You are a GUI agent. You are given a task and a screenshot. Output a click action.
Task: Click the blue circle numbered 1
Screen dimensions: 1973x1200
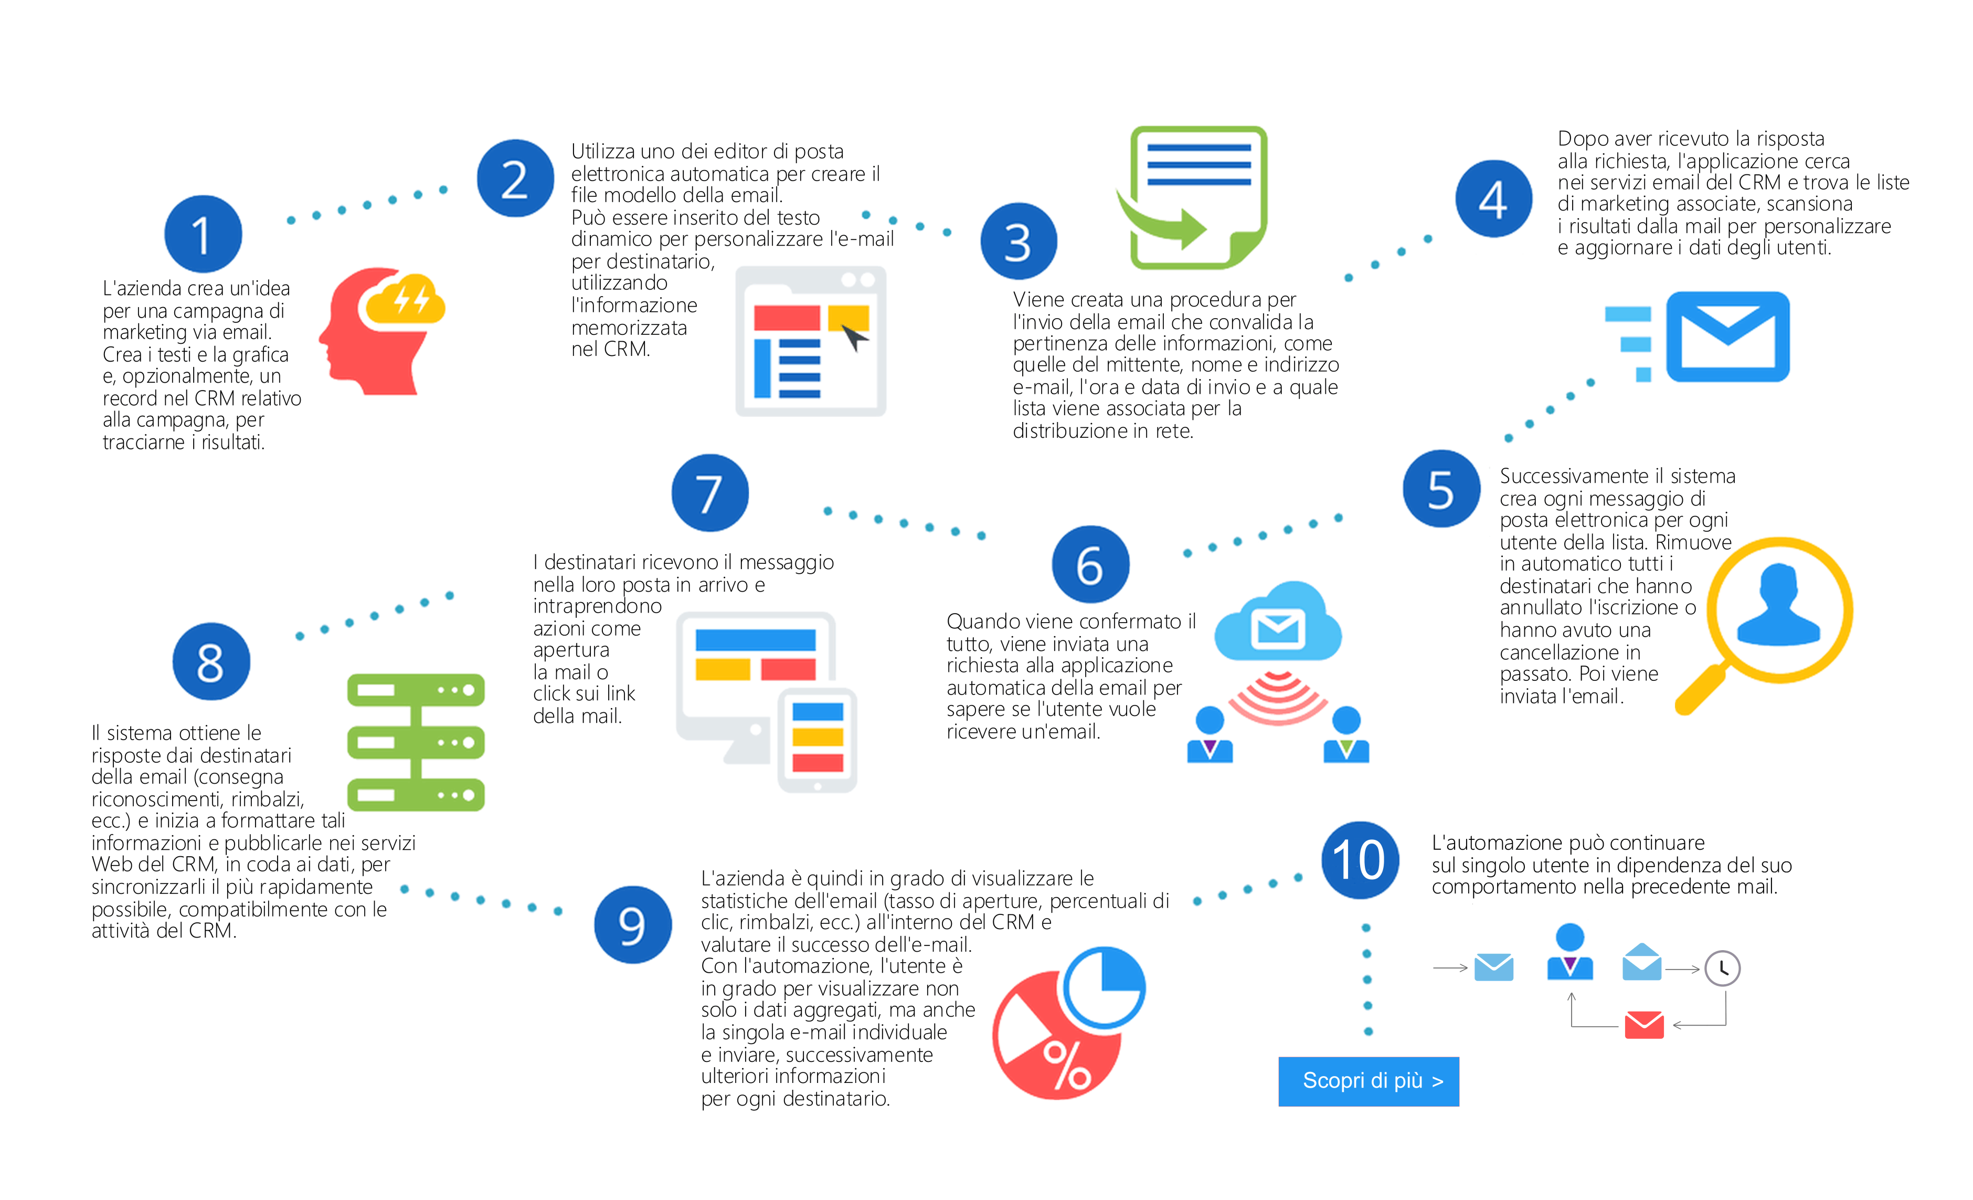[204, 234]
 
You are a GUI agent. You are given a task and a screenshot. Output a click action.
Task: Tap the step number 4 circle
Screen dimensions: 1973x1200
[1493, 198]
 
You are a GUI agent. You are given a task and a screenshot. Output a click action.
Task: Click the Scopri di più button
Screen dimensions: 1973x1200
[1369, 1081]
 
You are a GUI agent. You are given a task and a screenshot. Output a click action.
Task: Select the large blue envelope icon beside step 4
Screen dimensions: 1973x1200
[1727, 336]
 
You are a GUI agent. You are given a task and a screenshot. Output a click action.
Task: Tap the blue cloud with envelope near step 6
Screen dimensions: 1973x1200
[1277, 623]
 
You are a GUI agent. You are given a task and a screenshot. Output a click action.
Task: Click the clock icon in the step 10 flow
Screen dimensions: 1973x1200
[1722, 969]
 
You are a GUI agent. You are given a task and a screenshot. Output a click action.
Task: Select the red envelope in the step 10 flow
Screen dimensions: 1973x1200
[1644, 1025]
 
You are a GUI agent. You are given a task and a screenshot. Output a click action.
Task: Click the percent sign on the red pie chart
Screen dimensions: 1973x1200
[1067, 1066]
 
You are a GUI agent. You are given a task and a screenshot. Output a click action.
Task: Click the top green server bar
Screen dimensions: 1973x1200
[416, 690]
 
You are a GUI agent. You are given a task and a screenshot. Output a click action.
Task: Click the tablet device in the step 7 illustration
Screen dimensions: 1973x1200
[816, 740]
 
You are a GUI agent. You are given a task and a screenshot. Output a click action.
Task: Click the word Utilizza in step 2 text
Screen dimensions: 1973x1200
[601, 151]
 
